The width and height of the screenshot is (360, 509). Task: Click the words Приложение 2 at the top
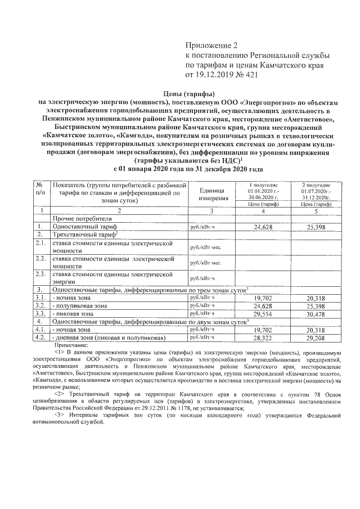[208, 45]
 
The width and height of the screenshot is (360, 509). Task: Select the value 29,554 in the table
[265, 313]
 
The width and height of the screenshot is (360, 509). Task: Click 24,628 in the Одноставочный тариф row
[265, 227]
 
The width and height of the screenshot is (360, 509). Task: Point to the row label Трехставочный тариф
[84, 233]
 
